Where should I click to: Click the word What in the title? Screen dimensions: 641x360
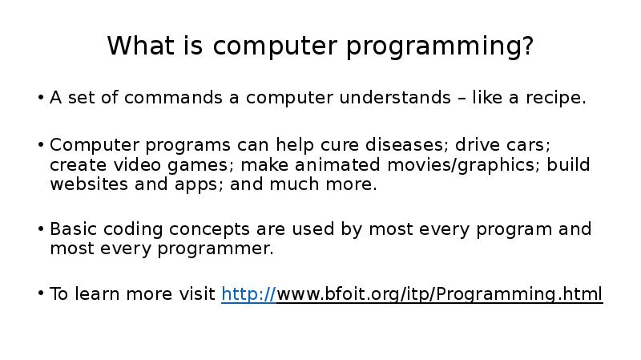[141, 45]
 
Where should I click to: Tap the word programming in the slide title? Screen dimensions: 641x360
[440, 47]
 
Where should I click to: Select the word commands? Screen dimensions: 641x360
[173, 97]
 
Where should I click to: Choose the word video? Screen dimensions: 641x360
[137, 164]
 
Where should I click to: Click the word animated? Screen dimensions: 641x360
[337, 164]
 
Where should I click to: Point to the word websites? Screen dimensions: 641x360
[89, 184]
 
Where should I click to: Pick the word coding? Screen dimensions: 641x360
[133, 230]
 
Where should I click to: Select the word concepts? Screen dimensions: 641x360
[209, 230]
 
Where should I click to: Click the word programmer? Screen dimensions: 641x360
[215, 249]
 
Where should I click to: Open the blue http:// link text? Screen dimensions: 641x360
[248, 294]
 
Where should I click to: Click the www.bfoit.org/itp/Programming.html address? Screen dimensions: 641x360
[439, 294]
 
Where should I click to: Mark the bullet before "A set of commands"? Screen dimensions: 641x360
[41, 97]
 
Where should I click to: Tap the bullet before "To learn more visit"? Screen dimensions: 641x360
[41, 293]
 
